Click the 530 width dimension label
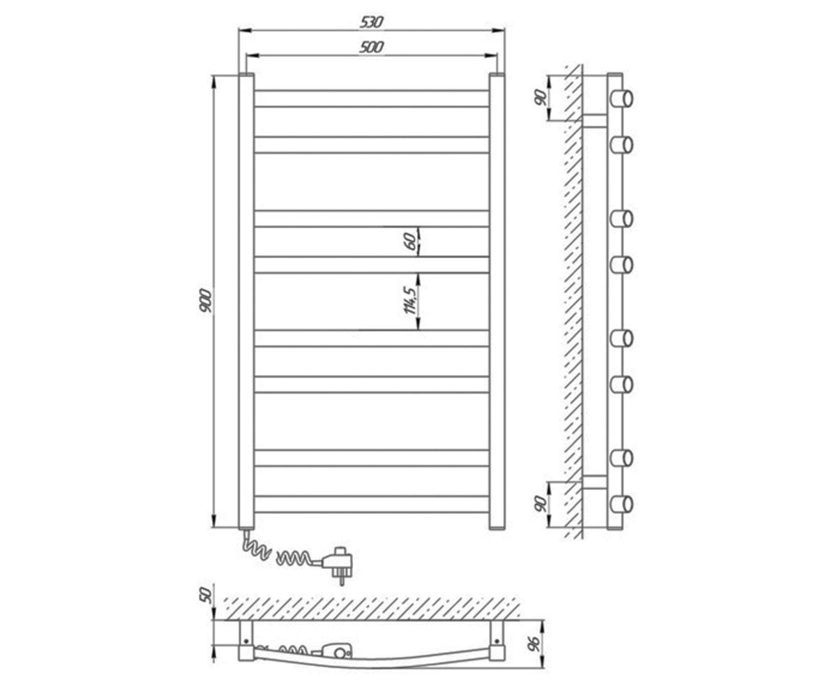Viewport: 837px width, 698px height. [371, 22]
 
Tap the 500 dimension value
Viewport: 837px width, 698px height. [371, 47]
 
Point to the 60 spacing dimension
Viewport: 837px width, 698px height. [411, 242]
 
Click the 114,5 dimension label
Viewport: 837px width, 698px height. [411, 300]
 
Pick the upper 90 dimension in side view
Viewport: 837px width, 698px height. [541, 98]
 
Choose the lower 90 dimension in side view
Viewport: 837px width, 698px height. [541, 504]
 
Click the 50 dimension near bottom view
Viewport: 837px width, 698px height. [205, 595]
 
